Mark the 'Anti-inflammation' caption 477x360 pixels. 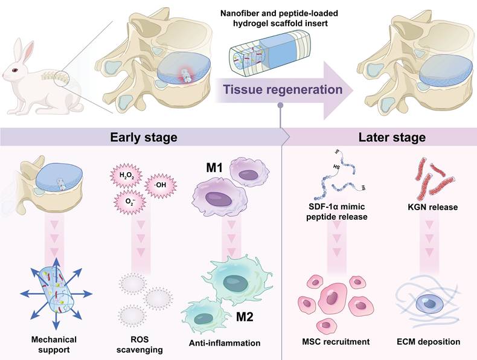click(225, 343)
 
